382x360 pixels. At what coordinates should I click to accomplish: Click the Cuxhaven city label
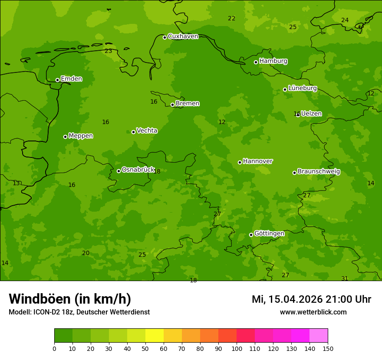click(x=183, y=36)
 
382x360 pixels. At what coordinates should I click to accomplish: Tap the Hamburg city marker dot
click(x=256, y=62)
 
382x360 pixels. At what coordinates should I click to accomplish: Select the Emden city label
click(x=71, y=79)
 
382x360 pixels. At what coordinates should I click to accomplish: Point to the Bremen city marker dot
click(x=172, y=105)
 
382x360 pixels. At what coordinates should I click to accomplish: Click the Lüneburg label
click(x=303, y=88)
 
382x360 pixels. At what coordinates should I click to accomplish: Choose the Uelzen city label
click(x=311, y=114)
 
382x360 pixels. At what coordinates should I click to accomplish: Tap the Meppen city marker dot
click(x=65, y=137)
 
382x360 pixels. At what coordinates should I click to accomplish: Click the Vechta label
click(x=147, y=131)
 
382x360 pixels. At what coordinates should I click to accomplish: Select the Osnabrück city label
click(x=138, y=170)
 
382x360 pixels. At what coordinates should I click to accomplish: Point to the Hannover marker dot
click(x=240, y=162)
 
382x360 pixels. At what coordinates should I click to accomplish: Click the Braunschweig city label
click(x=319, y=172)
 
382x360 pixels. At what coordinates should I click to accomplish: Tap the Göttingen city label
click(x=269, y=234)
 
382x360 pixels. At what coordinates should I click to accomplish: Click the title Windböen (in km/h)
click(x=70, y=299)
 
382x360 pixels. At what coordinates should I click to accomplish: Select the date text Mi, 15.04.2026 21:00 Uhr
click(x=311, y=299)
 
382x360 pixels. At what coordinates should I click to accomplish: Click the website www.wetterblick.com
click(x=313, y=312)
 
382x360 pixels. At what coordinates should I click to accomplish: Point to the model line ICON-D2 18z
click(x=79, y=312)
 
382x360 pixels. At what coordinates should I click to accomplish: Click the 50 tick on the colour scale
click(x=145, y=348)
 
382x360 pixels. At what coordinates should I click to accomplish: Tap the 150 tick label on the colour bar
click(x=328, y=348)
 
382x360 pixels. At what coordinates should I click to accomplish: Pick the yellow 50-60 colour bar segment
click(x=155, y=336)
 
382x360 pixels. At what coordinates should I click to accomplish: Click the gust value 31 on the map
click(x=345, y=278)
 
